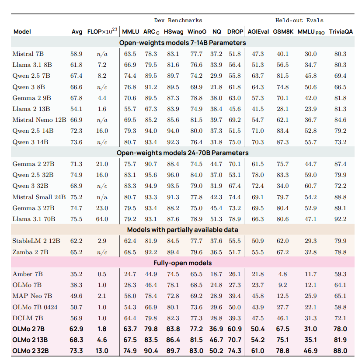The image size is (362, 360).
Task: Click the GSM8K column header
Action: pos(283,31)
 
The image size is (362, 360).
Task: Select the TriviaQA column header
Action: pos(341,31)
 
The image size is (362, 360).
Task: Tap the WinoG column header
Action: pos(197,31)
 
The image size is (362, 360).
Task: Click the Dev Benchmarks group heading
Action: pos(178,21)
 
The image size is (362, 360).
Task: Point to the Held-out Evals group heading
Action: pos(299,21)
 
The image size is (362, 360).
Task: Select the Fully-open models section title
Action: pos(183,263)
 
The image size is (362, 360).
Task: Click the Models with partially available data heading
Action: pos(183,230)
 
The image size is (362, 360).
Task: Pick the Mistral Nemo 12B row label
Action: pos(39,120)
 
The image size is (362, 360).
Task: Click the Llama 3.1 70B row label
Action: pos(34,219)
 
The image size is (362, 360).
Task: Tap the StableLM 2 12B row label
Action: pos(36,241)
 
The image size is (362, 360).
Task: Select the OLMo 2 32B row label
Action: pos(31,351)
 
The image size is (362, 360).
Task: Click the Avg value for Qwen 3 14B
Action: pos(76,142)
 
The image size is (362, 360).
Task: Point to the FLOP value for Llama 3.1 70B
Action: pos(102,219)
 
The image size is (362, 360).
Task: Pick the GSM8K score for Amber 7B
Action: pos(283,274)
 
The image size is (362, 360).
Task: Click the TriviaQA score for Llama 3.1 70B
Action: pos(340,219)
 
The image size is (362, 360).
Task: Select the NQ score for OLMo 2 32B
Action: pos(216,351)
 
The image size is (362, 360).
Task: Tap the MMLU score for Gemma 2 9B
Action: pos(130,98)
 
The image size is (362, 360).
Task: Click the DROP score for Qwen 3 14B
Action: pos(235,142)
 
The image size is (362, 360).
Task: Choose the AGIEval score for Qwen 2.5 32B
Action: pos(258,175)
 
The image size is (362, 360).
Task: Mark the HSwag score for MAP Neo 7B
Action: pos(173,296)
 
